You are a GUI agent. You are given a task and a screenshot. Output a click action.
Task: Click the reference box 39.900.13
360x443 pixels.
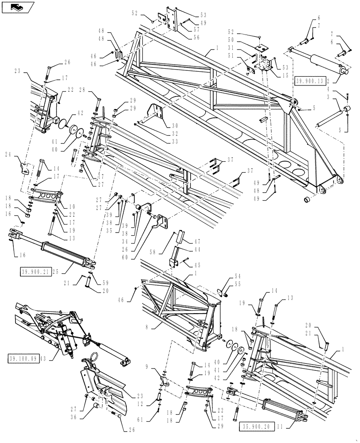pos(311,81)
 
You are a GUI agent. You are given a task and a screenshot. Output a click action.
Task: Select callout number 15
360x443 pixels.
pos(284,76)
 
